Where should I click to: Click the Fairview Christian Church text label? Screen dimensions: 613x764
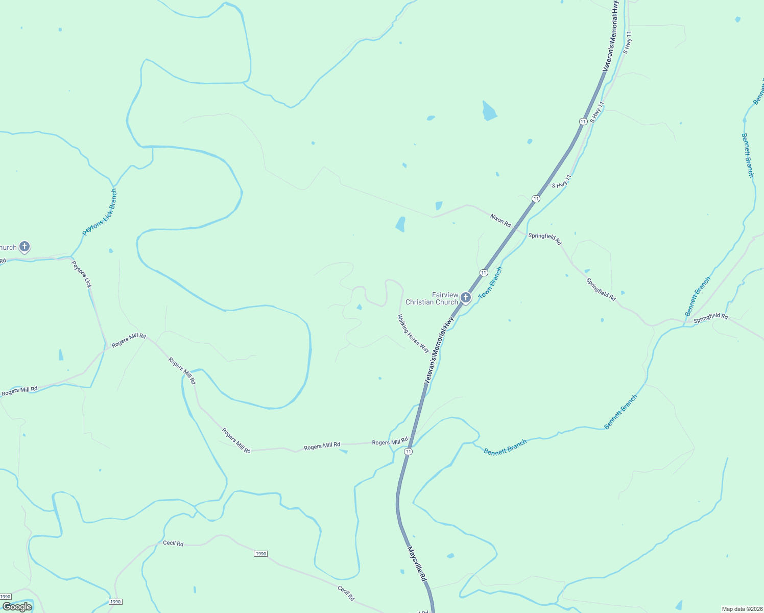[x=432, y=298]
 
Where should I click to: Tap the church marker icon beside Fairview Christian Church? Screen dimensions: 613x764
[x=465, y=297]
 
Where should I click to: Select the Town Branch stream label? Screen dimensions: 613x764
[x=490, y=283]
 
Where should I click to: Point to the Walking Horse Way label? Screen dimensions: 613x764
[x=413, y=334]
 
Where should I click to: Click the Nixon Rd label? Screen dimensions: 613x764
[x=500, y=220]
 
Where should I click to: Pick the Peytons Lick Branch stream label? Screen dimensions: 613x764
[x=100, y=212]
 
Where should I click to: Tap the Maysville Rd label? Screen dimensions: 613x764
[x=417, y=564]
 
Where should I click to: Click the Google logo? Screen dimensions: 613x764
[x=17, y=607]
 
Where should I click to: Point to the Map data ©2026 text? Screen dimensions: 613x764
[x=742, y=609]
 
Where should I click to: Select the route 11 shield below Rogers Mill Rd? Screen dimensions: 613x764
[x=408, y=452]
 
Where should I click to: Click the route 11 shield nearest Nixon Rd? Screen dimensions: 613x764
[x=536, y=198]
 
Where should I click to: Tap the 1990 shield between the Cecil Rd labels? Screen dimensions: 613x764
[x=260, y=554]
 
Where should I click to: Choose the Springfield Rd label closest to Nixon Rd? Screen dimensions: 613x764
[x=545, y=238]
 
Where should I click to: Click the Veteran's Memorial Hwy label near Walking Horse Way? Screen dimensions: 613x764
[x=439, y=350]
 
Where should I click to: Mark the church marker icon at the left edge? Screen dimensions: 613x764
[x=24, y=247]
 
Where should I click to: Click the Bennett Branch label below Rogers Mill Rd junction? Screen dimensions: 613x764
[x=505, y=447]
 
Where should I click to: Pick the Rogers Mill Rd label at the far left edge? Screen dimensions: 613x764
[x=19, y=391]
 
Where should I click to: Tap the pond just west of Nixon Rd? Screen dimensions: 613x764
[x=400, y=224]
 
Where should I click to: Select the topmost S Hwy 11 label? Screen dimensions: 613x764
[x=628, y=42]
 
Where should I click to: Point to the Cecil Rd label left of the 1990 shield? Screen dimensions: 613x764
[x=173, y=543]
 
